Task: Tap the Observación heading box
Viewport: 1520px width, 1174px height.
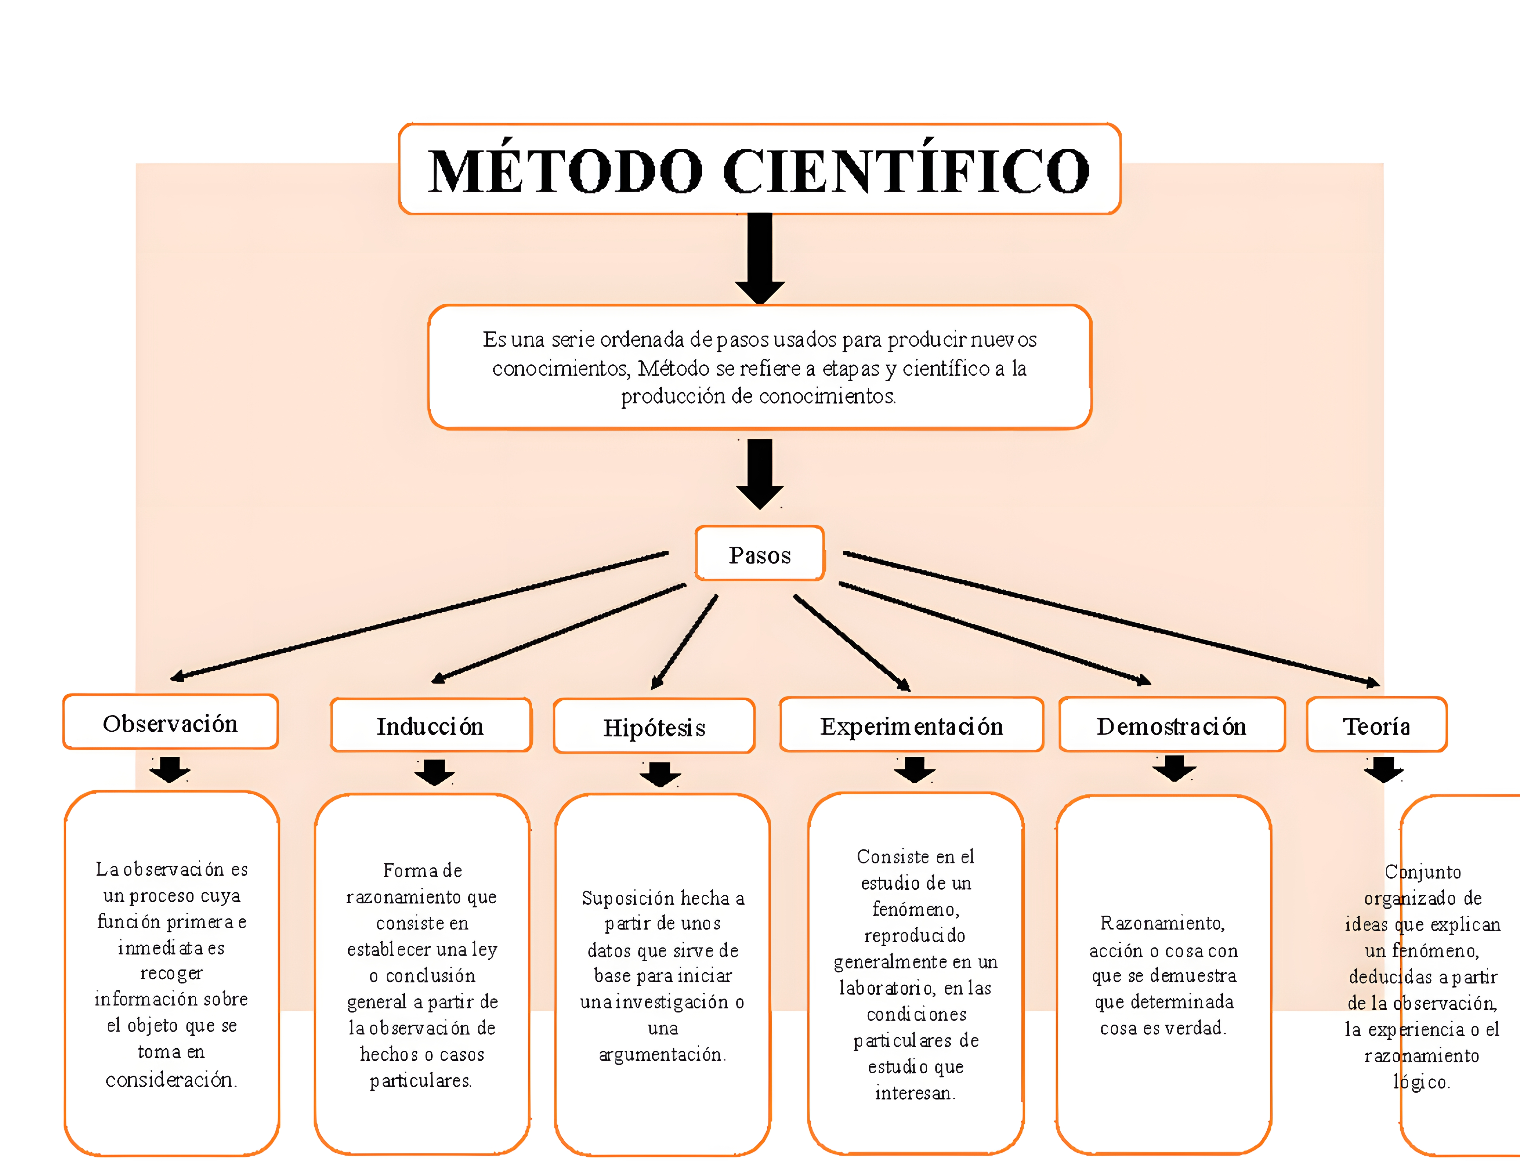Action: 170,723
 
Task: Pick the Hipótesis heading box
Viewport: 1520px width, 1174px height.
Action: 654,727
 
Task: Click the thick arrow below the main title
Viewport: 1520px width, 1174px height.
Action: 760,257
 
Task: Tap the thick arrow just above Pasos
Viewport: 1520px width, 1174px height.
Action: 760,473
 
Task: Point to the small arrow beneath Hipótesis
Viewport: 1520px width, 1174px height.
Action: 660,774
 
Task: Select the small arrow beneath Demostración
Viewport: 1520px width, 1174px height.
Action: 1174,768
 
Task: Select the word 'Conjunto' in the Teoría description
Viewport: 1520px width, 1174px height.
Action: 1422,872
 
